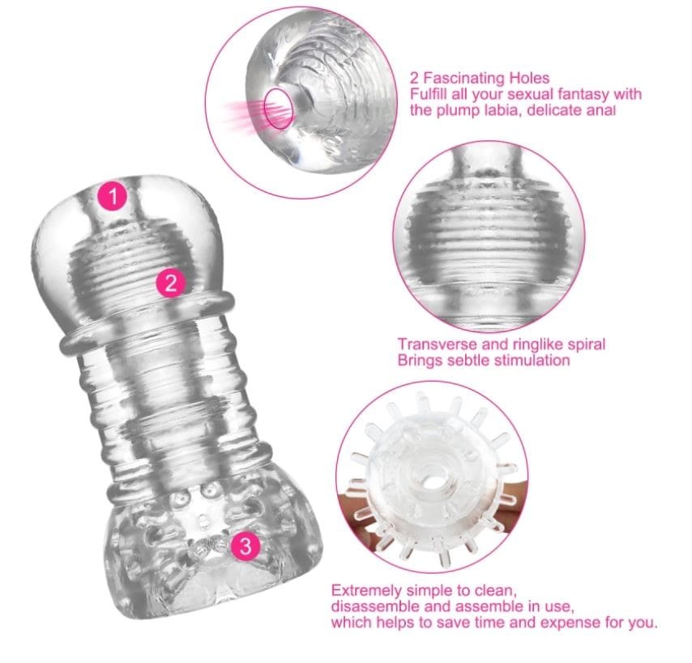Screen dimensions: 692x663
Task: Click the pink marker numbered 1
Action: pyautogui.click(x=113, y=196)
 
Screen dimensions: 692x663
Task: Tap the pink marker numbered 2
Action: pyautogui.click(x=171, y=282)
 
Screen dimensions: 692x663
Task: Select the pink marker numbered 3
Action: pyautogui.click(x=246, y=545)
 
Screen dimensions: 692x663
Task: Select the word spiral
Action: pyautogui.click(x=583, y=345)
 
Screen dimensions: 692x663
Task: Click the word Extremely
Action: pyautogui.click(x=366, y=591)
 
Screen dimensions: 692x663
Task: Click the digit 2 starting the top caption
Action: pyautogui.click(x=414, y=79)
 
